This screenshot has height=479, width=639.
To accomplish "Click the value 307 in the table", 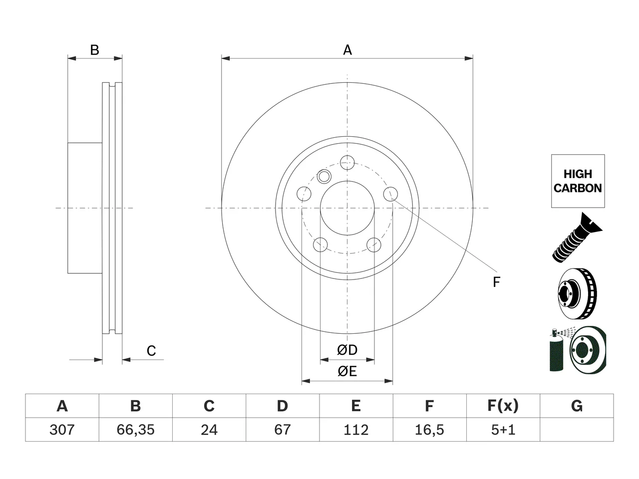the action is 62,430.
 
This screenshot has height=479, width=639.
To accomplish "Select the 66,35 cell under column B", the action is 135,430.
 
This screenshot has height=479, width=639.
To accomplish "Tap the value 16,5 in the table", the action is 429,430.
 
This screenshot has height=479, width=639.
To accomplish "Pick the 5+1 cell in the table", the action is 503,430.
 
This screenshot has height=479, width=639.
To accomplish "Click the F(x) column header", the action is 503,406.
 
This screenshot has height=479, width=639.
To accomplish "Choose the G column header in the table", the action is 577,406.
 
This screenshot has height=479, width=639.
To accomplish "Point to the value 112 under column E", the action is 356,430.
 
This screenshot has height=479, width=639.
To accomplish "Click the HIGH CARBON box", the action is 578,181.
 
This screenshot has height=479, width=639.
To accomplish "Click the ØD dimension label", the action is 347,350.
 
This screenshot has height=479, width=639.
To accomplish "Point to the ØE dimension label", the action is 347,371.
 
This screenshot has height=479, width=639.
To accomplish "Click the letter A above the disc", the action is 347,50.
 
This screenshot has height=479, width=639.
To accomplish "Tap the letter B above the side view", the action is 95,50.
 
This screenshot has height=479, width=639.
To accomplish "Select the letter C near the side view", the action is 151,351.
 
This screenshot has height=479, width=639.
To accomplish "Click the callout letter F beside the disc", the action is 496,282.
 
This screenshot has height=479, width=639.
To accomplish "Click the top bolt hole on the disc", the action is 347,163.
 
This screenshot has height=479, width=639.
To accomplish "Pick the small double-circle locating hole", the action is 323,176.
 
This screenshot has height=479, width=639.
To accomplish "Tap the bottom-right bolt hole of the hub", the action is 374,244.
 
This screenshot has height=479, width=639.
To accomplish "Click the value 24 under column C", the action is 209,430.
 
